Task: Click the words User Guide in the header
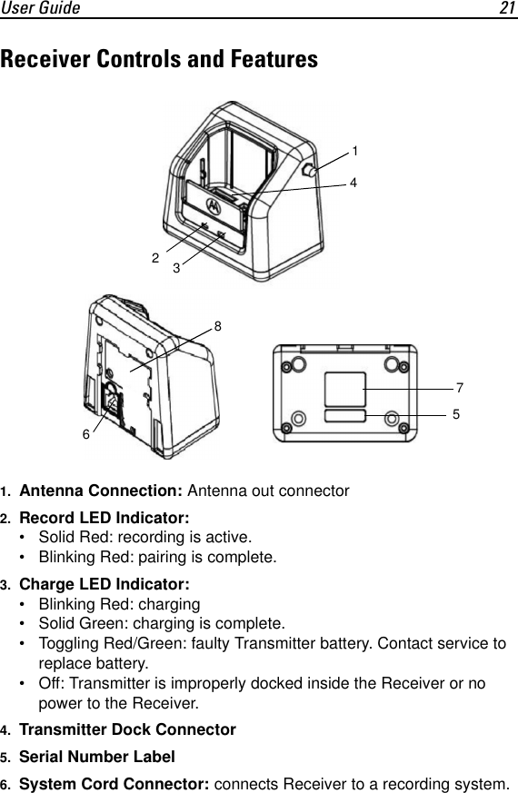click(x=40, y=8)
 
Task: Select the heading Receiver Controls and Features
click(x=160, y=60)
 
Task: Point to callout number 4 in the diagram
click(x=353, y=183)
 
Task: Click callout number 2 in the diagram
click(x=155, y=259)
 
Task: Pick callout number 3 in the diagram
click(x=176, y=269)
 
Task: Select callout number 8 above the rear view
click(x=218, y=324)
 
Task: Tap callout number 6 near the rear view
click(x=86, y=434)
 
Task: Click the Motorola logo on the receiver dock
click(x=215, y=203)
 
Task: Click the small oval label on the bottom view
click(x=345, y=415)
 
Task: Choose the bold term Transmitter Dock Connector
click(x=127, y=729)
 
